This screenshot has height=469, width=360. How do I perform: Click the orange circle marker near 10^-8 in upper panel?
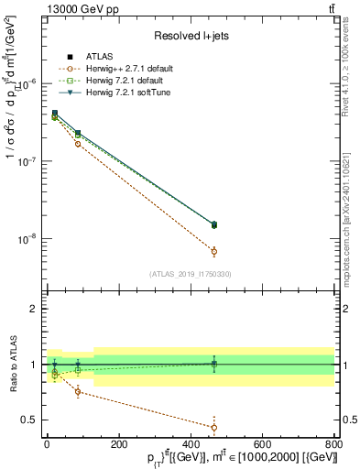click(214, 251)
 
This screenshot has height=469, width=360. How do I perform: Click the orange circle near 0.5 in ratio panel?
click(214, 427)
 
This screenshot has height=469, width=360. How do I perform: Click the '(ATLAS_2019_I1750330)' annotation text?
click(191, 274)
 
